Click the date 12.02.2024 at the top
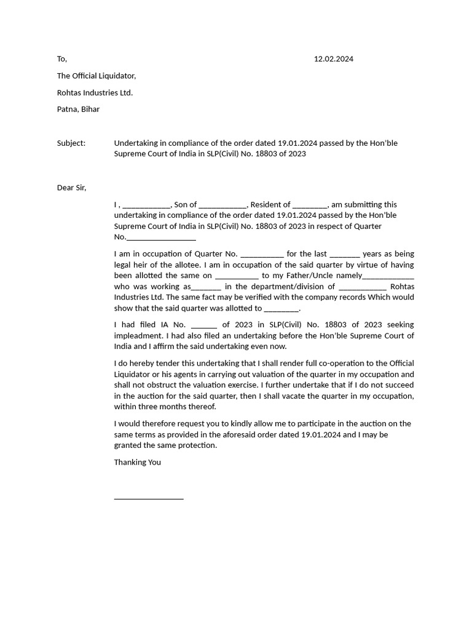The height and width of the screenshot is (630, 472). (333, 59)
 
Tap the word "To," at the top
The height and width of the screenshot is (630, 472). (61, 59)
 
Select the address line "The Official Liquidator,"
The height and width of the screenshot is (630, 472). (96, 76)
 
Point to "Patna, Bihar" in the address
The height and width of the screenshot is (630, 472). (78, 109)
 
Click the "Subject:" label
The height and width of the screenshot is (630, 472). (71, 143)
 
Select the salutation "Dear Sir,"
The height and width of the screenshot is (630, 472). (72, 188)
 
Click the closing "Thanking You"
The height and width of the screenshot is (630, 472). (137, 462)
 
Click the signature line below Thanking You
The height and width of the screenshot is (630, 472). (149, 498)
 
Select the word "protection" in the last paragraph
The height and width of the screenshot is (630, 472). (197, 445)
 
